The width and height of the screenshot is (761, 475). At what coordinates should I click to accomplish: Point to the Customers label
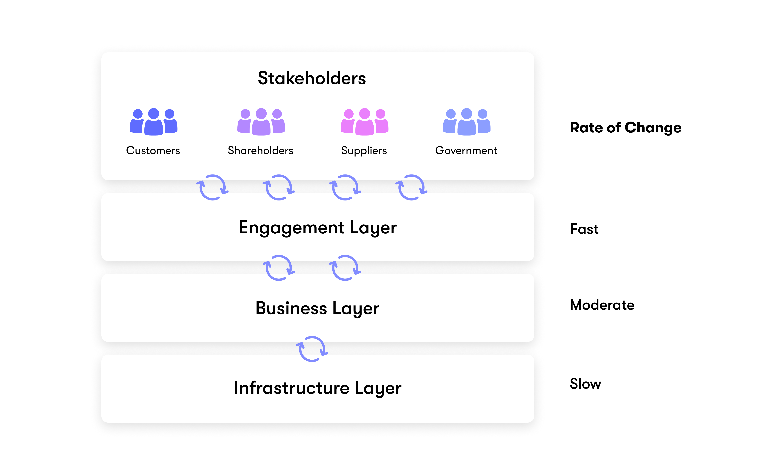[153, 151]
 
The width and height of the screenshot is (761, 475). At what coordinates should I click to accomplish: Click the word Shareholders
[260, 151]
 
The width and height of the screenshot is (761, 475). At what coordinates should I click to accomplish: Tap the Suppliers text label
[364, 151]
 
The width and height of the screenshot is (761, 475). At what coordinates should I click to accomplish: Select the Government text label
[466, 151]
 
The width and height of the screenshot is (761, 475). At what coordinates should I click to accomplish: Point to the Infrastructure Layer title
[317, 388]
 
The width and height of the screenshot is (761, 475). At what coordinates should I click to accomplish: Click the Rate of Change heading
[626, 128]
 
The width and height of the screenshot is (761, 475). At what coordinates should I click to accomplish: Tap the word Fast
[584, 229]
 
